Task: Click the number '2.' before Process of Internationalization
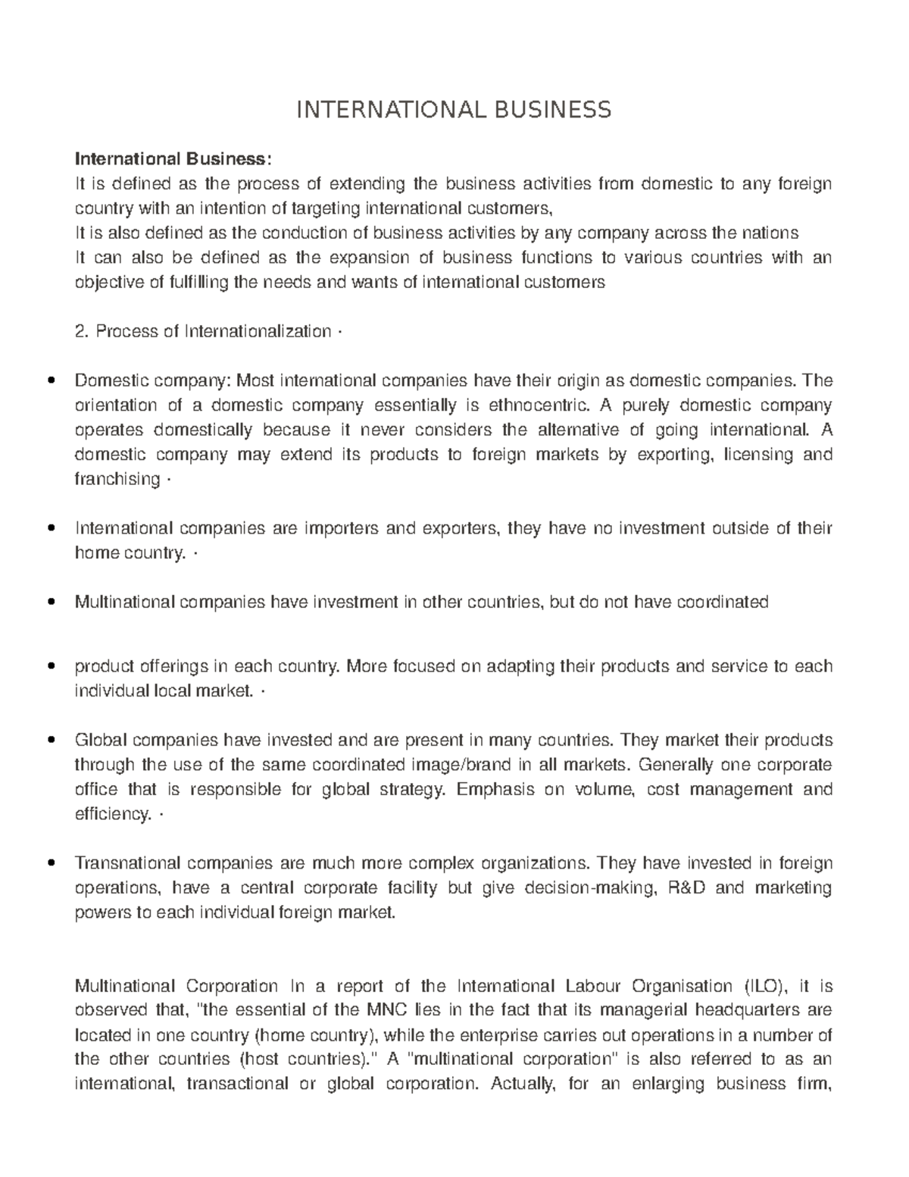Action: click(x=83, y=332)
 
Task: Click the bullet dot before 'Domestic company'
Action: click(x=51, y=381)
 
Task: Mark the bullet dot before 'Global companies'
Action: click(x=51, y=740)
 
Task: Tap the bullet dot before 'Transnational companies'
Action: click(x=51, y=863)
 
